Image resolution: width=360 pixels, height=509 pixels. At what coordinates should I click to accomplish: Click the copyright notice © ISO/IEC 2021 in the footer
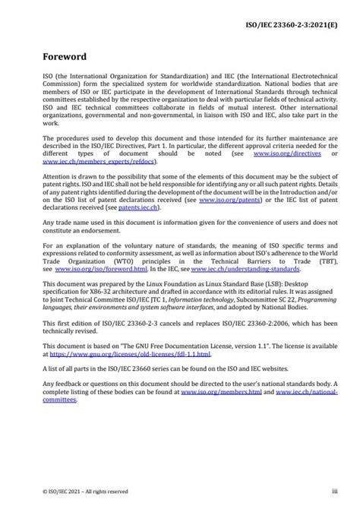coord(64,492)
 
